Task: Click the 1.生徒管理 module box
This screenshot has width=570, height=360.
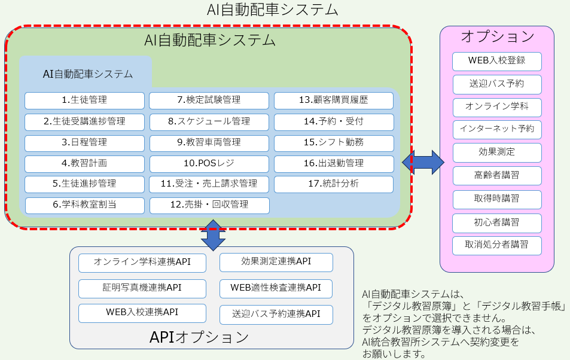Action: (x=84, y=100)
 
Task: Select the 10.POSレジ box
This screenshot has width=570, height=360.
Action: (x=209, y=163)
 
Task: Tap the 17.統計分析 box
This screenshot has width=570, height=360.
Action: (x=334, y=184)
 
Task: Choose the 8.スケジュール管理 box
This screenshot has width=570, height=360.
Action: (x=209, y=121)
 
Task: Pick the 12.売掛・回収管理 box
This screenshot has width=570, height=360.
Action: (x=209, y=205)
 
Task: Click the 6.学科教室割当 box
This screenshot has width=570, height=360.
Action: (x=84, y=205)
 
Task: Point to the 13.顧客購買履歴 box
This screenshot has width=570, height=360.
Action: (x=334, y=100)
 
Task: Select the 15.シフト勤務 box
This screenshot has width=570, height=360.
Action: (x=334, y=142)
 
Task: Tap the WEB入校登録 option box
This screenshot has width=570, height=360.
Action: (x=496, y=61)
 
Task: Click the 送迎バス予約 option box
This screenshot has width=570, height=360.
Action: (x=496, y=83)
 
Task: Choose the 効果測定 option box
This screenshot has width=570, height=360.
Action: (x=496, y=152)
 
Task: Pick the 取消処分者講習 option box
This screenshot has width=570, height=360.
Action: (x=496, y=245)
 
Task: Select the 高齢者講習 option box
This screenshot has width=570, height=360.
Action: (x=496, y=175)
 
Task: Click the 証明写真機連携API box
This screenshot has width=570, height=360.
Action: (x=142, y=288)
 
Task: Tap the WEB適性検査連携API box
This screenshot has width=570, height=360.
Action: (x=276, y=288)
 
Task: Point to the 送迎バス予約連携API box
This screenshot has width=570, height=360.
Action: (x=276, y=314)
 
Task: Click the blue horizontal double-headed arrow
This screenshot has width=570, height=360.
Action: (x=423, y=162)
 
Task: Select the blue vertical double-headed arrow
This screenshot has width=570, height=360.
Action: (x=214, y=235)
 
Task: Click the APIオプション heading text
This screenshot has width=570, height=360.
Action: (x=199, y=337)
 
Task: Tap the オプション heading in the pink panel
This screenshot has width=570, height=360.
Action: (x=497, y=36)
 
